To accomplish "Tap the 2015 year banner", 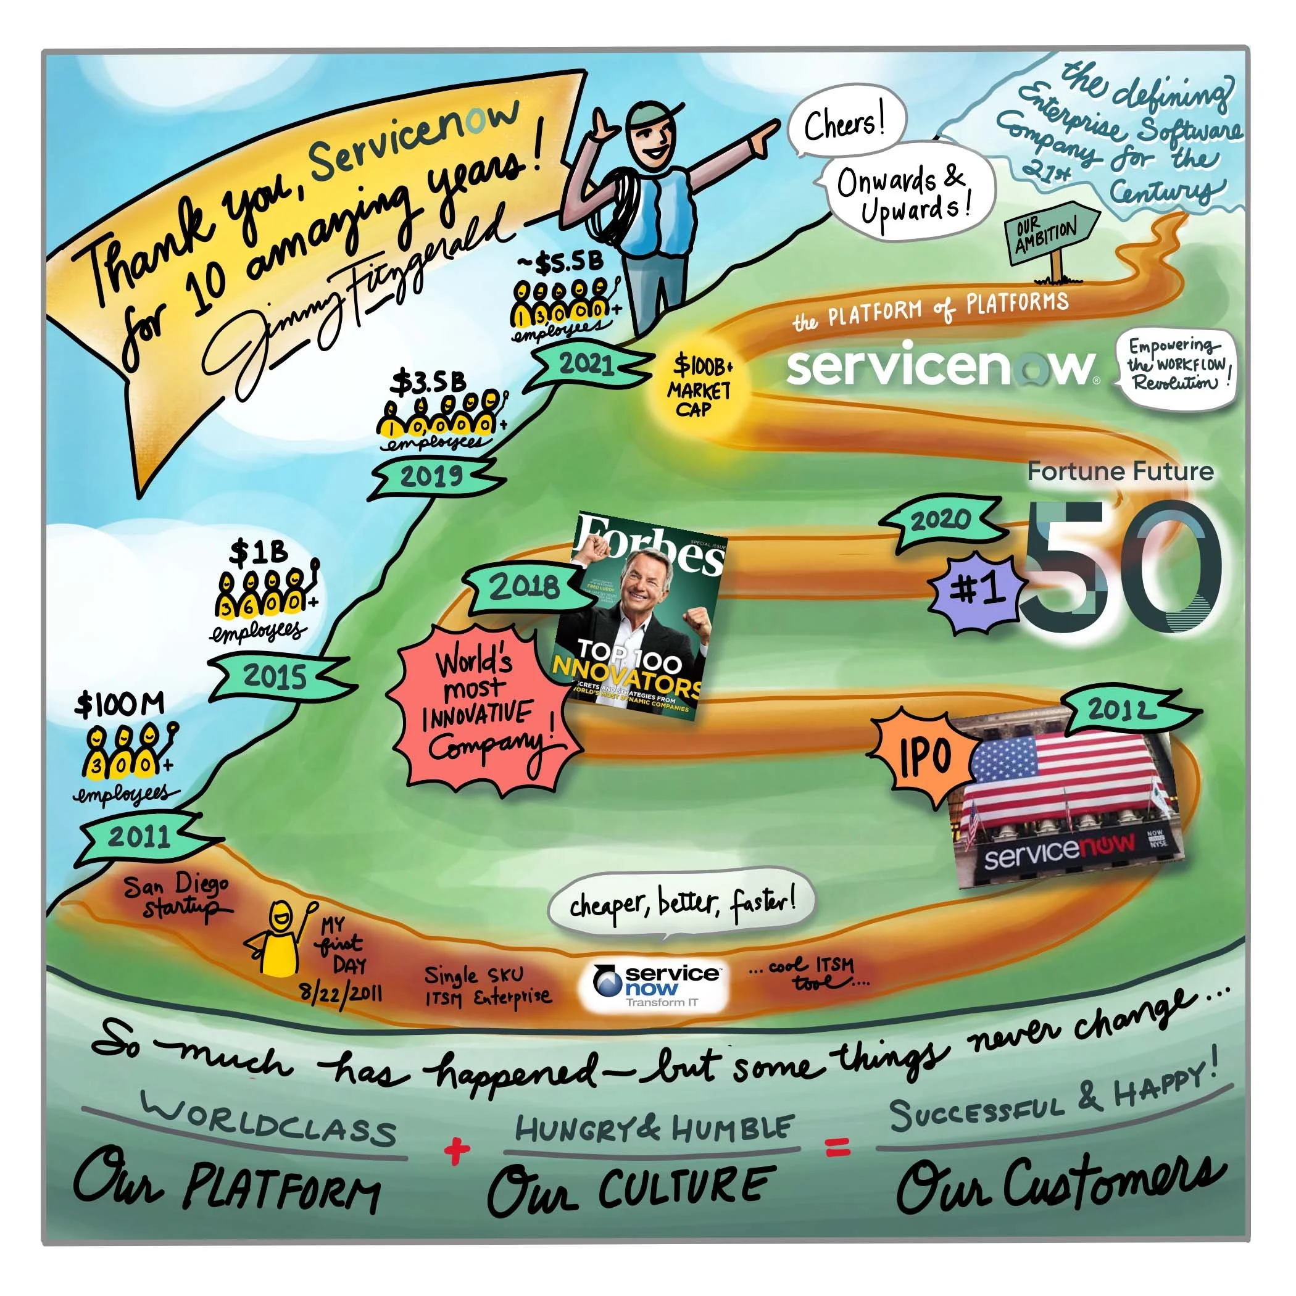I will [275, 676].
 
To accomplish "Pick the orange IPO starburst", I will [924, 757].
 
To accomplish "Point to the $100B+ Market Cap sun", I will [697, 388].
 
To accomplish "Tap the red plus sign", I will [457, 1151].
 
